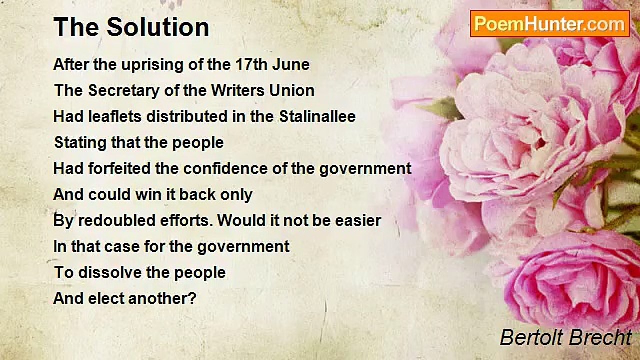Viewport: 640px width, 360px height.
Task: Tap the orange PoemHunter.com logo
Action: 550,24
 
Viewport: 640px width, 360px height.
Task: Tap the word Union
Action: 294,91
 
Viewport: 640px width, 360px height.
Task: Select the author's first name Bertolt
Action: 530,338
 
